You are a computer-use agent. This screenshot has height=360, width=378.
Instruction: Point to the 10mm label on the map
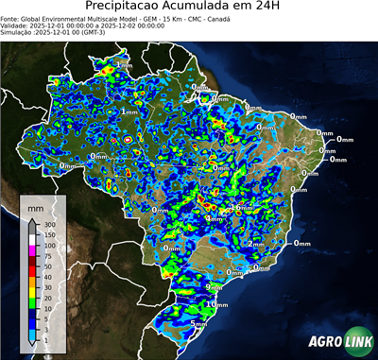click(219, 305)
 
